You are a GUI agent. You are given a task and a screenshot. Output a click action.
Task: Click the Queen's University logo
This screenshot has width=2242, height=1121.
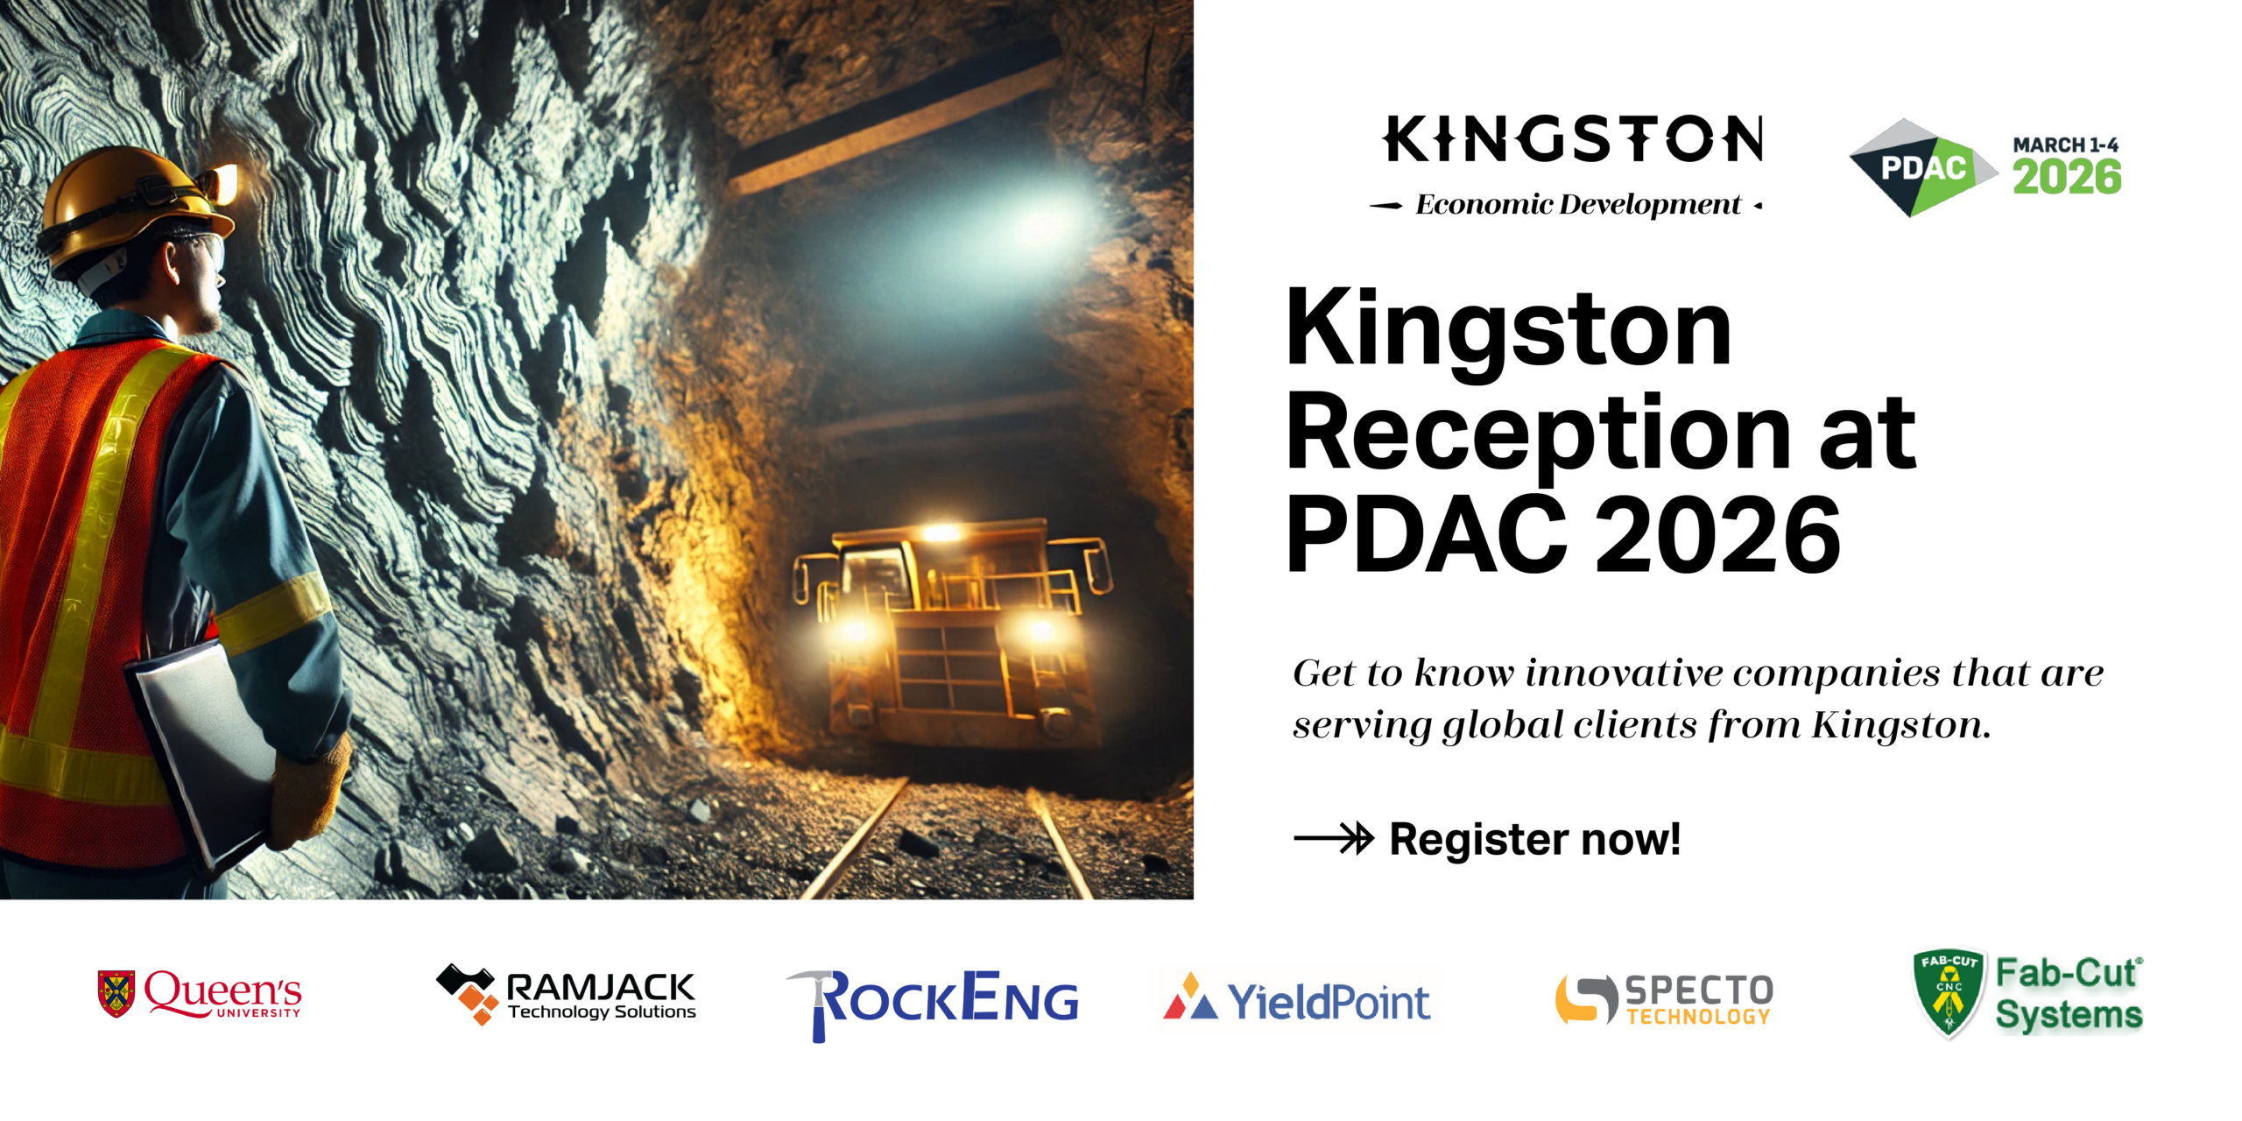(x=200, y=994)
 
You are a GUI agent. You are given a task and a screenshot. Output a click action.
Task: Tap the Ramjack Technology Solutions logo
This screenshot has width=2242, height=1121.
(x=566, y=994)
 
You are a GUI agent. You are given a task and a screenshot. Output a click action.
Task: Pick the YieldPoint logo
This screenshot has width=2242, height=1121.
(x=1296, y=1000)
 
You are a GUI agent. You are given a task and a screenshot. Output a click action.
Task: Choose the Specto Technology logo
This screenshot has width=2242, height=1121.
(x=1664, y=999)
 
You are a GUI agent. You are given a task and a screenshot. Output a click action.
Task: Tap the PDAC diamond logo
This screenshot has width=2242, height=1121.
(x=1923, y=167)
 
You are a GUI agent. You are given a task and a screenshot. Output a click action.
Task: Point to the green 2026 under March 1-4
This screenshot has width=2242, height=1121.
(x=2067, y=177)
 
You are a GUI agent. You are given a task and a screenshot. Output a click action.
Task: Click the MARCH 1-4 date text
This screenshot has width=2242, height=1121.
(x=2065, y=145)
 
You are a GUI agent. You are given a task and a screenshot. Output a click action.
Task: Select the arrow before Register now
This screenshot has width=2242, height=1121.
(x=1334, y=838)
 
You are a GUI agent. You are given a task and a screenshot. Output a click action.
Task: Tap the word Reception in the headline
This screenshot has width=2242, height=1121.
(x=1538, y=435)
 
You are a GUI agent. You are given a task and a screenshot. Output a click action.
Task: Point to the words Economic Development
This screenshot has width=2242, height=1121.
(x=1578, y=204)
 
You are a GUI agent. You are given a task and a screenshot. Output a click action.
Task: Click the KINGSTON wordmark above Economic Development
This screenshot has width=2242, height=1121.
(x=1573, y=139)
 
